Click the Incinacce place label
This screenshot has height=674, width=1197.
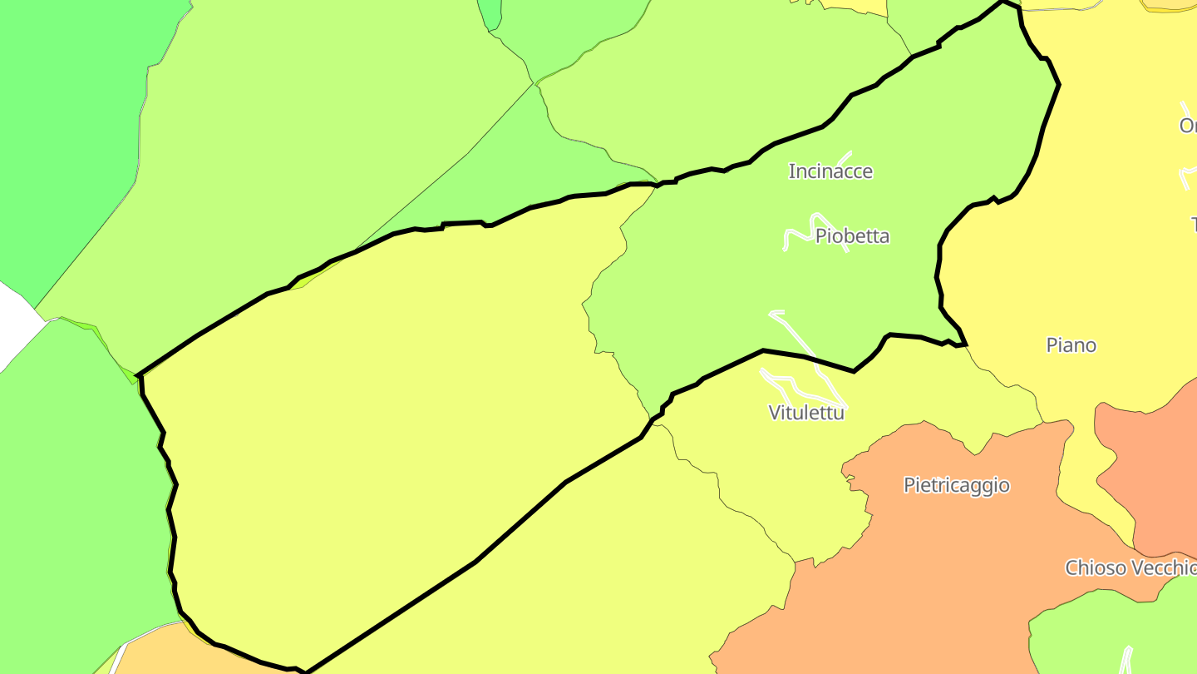click(830, 171)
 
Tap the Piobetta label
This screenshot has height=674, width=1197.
click(852, 235)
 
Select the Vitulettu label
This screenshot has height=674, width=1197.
click(806, 412)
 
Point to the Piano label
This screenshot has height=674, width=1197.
click(1071, 344)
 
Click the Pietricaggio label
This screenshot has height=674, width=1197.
click(956, 485)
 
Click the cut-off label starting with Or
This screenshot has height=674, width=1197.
click(1188, 126)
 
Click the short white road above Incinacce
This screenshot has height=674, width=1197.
click(845, 157)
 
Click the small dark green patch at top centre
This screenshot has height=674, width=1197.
click(490, 12)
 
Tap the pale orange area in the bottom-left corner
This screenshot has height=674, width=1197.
click(166, 653)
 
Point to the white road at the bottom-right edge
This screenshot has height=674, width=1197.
click(1126, 662)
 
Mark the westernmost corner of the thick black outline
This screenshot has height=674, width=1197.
click(137, 375)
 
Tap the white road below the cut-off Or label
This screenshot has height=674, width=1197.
click(1187, 175)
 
